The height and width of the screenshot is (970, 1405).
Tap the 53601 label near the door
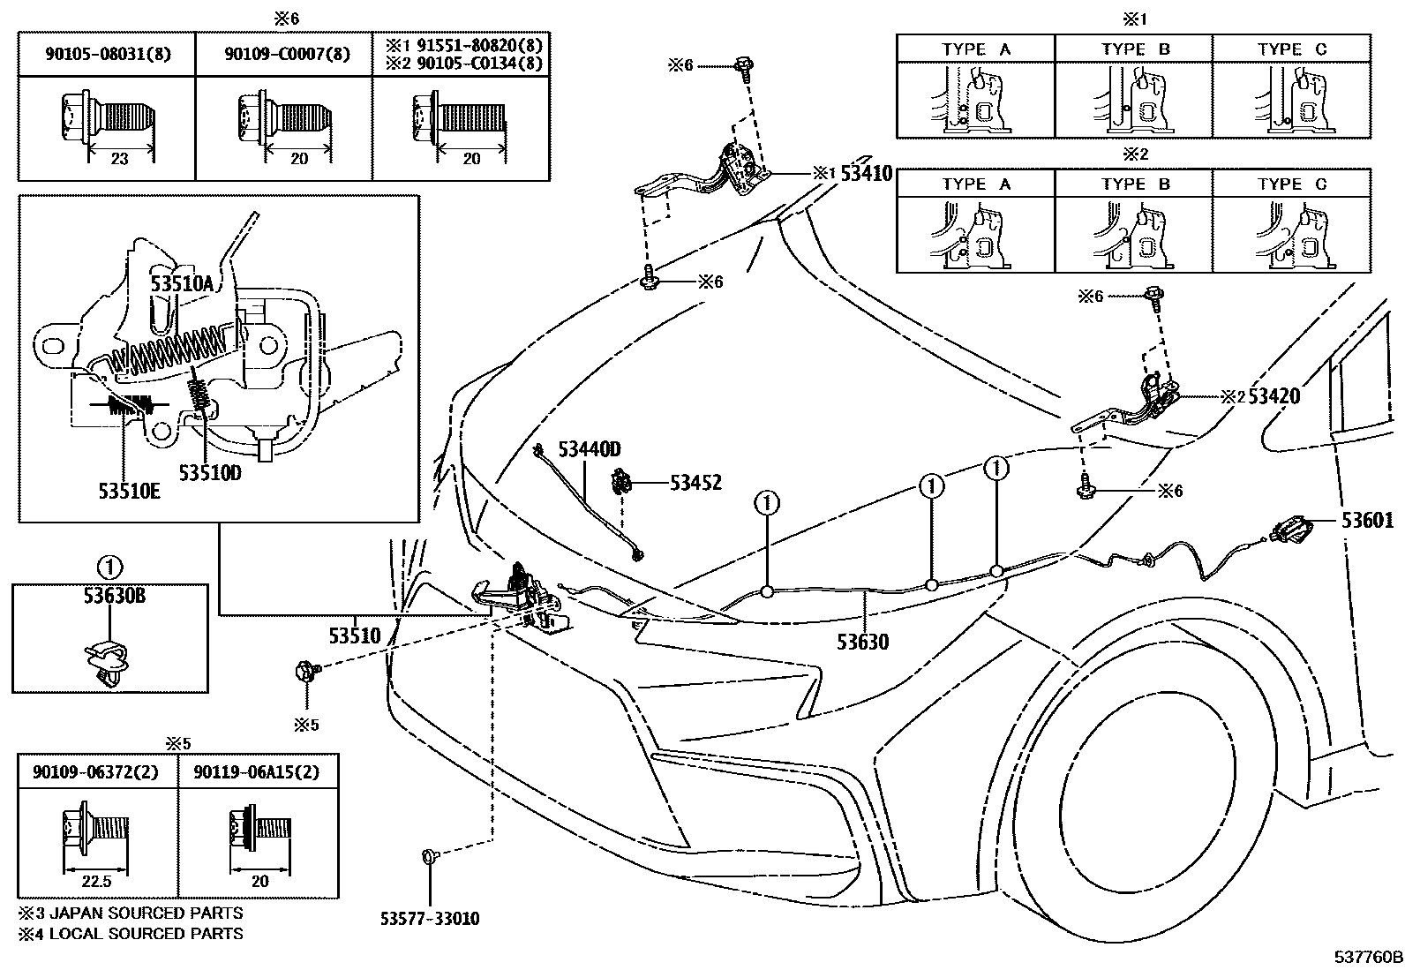pyautogui.click(x=1367, y=521)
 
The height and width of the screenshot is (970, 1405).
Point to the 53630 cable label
pyautogui.click(x=862, y=642)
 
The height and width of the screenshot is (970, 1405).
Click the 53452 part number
pyautogui.click(x=695, y=483)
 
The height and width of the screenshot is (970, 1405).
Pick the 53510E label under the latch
pyautogui.click(x=129, y=492)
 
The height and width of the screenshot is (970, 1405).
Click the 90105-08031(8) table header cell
pyautogui.click(x=108, y=55)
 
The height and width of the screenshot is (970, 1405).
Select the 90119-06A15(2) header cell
pyautogui.click(x=259, y=772)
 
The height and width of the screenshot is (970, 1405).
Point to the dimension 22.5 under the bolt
pyautogui.click(x=96, y=881)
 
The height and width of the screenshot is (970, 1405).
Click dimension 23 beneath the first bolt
pyautogui.click(x=120, y=159)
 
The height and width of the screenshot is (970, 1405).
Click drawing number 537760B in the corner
pyautogui.click(x=1367, y=957)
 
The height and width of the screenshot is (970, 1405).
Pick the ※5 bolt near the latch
pyautogui.click(x=304, y=673)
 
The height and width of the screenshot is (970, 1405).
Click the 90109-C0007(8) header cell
pyautogui.click(x=287, y=55)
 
